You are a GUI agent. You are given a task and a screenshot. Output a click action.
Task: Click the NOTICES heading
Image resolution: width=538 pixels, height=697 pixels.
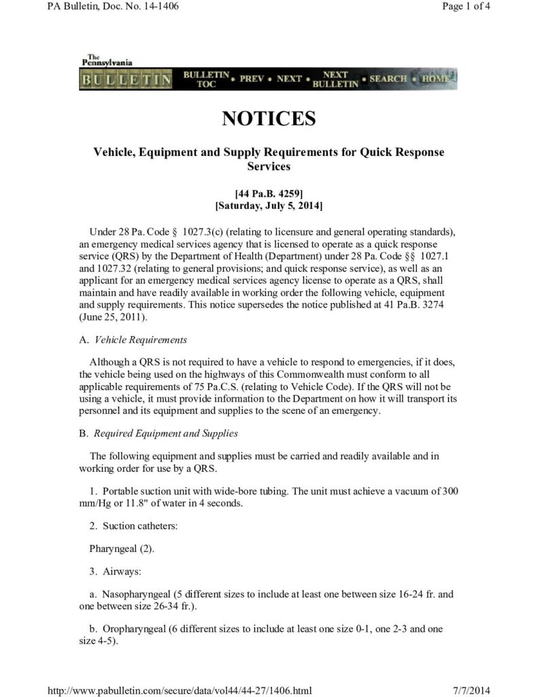269,119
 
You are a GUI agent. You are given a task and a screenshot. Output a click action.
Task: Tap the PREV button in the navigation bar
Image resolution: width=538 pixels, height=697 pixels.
251,79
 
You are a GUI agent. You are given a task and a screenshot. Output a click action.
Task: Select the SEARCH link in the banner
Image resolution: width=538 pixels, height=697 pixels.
388,79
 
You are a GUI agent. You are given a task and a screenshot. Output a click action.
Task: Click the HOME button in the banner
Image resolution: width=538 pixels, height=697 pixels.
435,79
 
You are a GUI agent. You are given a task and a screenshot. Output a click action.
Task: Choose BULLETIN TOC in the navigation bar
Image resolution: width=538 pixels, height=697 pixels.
206,79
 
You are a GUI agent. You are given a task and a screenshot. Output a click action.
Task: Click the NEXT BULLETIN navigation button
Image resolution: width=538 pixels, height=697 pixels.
335,79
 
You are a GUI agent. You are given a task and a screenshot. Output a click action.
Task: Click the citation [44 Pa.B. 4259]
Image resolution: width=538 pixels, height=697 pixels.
269,193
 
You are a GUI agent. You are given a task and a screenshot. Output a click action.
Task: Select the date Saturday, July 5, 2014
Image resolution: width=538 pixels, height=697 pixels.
269,205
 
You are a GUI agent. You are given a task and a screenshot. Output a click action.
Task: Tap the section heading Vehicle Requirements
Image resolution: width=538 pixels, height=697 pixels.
140,340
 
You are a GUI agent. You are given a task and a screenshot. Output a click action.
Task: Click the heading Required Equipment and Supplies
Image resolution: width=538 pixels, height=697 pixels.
165,433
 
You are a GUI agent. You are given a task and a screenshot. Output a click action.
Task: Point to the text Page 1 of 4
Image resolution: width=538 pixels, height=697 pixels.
466,7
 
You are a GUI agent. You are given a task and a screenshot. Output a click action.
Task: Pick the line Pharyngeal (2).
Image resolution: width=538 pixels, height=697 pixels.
116,548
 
